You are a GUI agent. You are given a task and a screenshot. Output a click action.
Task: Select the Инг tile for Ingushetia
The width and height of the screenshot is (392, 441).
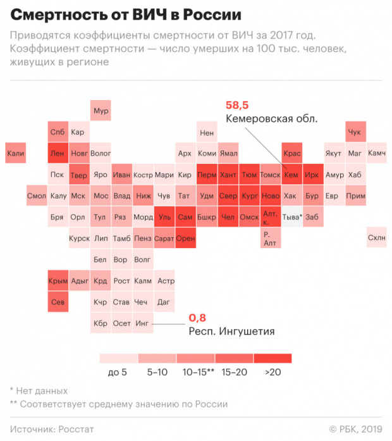(143, 323)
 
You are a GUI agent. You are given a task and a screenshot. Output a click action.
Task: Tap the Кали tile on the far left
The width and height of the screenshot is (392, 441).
(15, 153)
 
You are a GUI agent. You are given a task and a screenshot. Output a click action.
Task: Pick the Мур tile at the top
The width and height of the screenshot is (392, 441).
(101, 111)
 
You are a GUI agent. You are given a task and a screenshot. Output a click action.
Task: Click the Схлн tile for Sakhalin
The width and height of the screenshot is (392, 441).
(376, 238)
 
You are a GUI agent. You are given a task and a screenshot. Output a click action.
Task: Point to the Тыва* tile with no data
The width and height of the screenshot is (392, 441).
(291, 217)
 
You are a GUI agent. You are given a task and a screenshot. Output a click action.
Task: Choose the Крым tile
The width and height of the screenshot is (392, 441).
(58, 281)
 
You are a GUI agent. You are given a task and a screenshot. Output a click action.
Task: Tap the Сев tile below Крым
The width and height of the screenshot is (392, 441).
(58, 302)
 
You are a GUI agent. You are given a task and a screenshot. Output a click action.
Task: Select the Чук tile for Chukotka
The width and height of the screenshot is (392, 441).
(355, 132)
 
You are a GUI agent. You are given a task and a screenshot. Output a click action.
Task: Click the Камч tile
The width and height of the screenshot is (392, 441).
(376, 153)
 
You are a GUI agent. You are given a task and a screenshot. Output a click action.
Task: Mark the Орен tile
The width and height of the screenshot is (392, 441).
(185, 238)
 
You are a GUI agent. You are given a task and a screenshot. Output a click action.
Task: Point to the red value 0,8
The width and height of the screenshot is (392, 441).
(198, 318)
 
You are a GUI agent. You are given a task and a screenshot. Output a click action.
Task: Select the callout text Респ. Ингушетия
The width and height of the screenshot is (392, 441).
(231, 331)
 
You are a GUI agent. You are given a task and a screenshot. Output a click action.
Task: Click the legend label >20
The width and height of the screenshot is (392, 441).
(274, 372)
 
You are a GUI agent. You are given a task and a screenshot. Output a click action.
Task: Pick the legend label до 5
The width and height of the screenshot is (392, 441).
(117, 372)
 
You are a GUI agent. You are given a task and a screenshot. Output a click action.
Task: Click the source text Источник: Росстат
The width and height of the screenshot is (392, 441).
(52, 429)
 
